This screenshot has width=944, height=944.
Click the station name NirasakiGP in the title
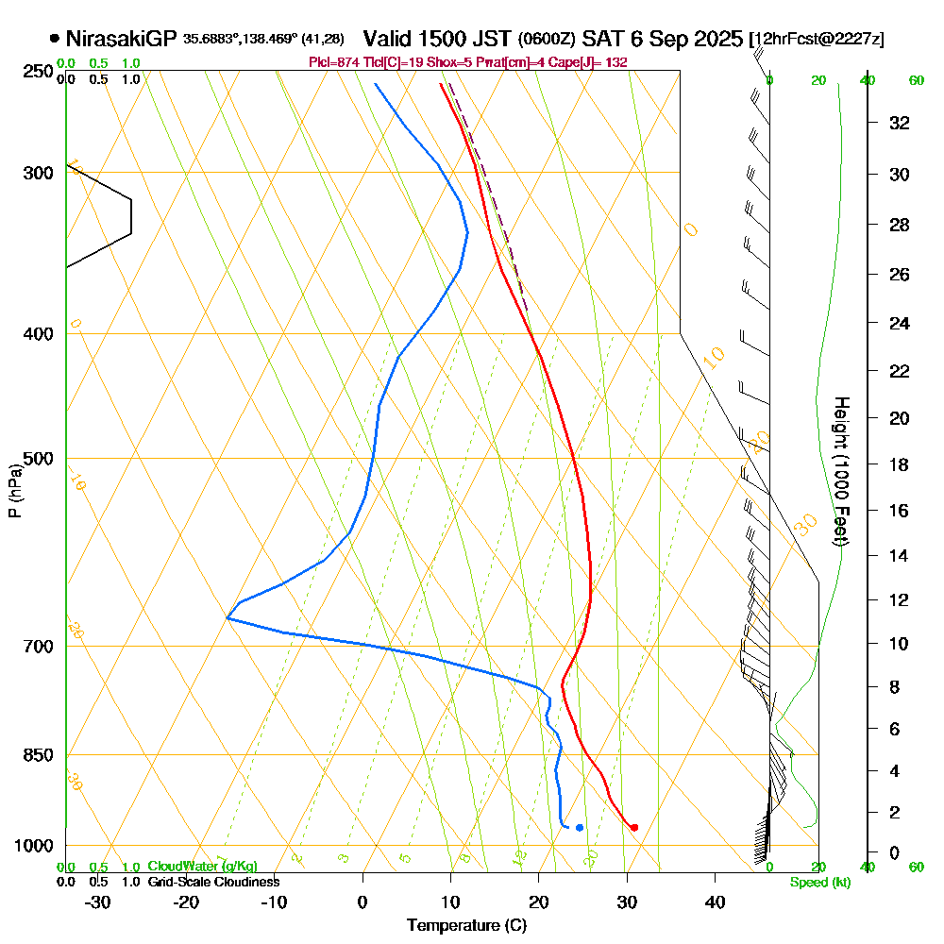(122, 39)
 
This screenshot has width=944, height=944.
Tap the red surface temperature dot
(633, 827)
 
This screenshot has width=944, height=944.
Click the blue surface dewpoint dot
(579, 828)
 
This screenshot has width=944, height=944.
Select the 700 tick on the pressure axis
(39, 647)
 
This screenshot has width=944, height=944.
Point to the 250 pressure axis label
(39, 71)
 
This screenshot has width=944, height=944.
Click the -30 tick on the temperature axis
(98, 902)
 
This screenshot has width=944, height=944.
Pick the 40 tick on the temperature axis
(716, 902)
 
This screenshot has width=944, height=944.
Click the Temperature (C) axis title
(466, 925)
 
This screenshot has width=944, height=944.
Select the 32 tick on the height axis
(900, 123)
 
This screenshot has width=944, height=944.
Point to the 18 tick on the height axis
(900, 464)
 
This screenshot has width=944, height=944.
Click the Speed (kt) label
(818, 883)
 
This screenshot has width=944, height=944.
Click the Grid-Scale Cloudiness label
(212, 882)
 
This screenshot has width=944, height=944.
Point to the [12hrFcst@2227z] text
(817, 40)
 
